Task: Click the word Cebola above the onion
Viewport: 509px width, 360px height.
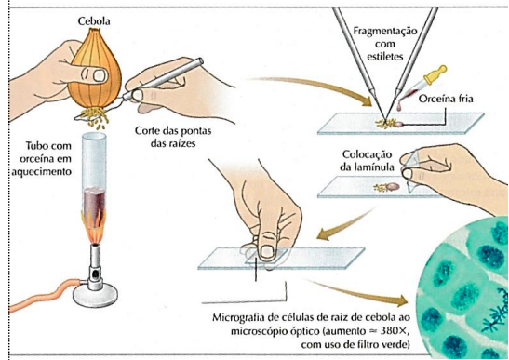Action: click(x=94, y=21)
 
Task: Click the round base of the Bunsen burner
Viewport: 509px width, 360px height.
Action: click(x=95, y=295)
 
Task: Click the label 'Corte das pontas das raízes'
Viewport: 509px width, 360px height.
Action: click(x=173, y=137)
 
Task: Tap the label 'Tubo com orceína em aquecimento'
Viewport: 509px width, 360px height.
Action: click(x=42, y=159)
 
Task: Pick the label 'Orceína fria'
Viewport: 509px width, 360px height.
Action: click(x=446, y=99)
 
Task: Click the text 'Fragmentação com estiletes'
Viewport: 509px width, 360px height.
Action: click(x=385, y=44)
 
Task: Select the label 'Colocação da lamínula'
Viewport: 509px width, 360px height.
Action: click(x=368, y=160)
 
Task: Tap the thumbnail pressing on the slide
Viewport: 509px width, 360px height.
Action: click(x=267, y=251)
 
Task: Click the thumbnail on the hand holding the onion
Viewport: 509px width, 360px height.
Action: click(x=100, y=75)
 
